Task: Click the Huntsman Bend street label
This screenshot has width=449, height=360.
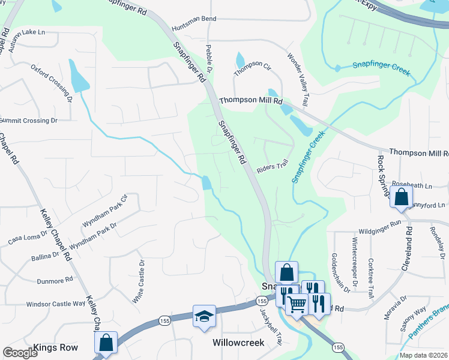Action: tap(193, 19)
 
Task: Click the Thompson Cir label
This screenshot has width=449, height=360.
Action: tap(253, 68)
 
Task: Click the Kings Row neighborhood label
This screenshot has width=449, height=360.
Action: tap(55, 347)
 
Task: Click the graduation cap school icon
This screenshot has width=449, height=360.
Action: tap(204, 316)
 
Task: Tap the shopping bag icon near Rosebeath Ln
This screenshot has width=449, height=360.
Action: tap(400, 196)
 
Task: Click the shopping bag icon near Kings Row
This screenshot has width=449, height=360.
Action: tap(106, 343)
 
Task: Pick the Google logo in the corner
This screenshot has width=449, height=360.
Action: tap(20, 353)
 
